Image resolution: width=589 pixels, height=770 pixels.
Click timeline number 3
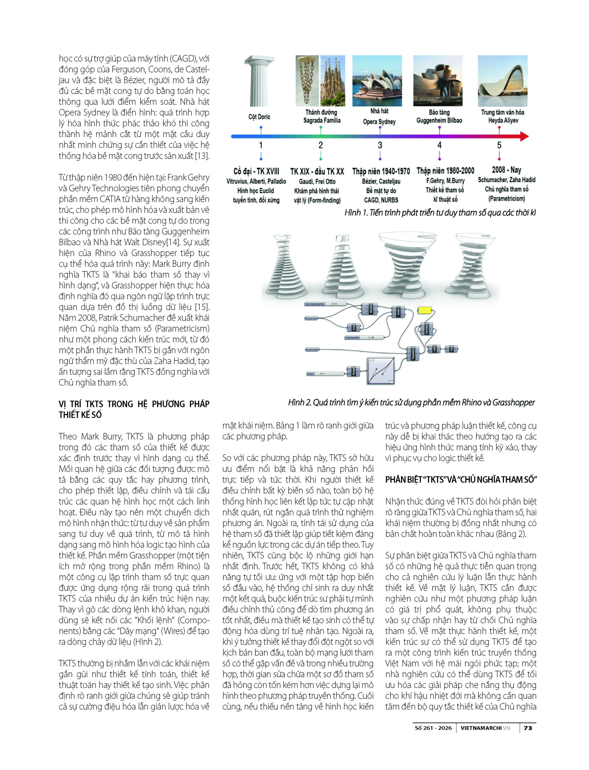[380, 145]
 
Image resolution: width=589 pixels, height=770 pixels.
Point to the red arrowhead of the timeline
[524, 136]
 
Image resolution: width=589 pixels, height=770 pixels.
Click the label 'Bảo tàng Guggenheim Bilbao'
[439, 116]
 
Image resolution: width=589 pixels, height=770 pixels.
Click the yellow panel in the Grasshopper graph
[424, 310]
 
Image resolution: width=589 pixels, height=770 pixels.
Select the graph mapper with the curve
[381, 371]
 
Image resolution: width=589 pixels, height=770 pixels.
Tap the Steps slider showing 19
[325, 374]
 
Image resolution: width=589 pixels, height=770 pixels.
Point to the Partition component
[426, 329]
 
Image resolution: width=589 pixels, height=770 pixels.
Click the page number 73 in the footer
[528, 728]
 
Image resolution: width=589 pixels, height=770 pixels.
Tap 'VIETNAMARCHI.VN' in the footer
[485, 728]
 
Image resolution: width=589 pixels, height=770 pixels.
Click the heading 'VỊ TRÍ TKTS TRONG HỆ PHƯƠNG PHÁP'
[134, 404]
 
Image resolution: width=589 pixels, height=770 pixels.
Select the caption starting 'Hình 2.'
[411, 402]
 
